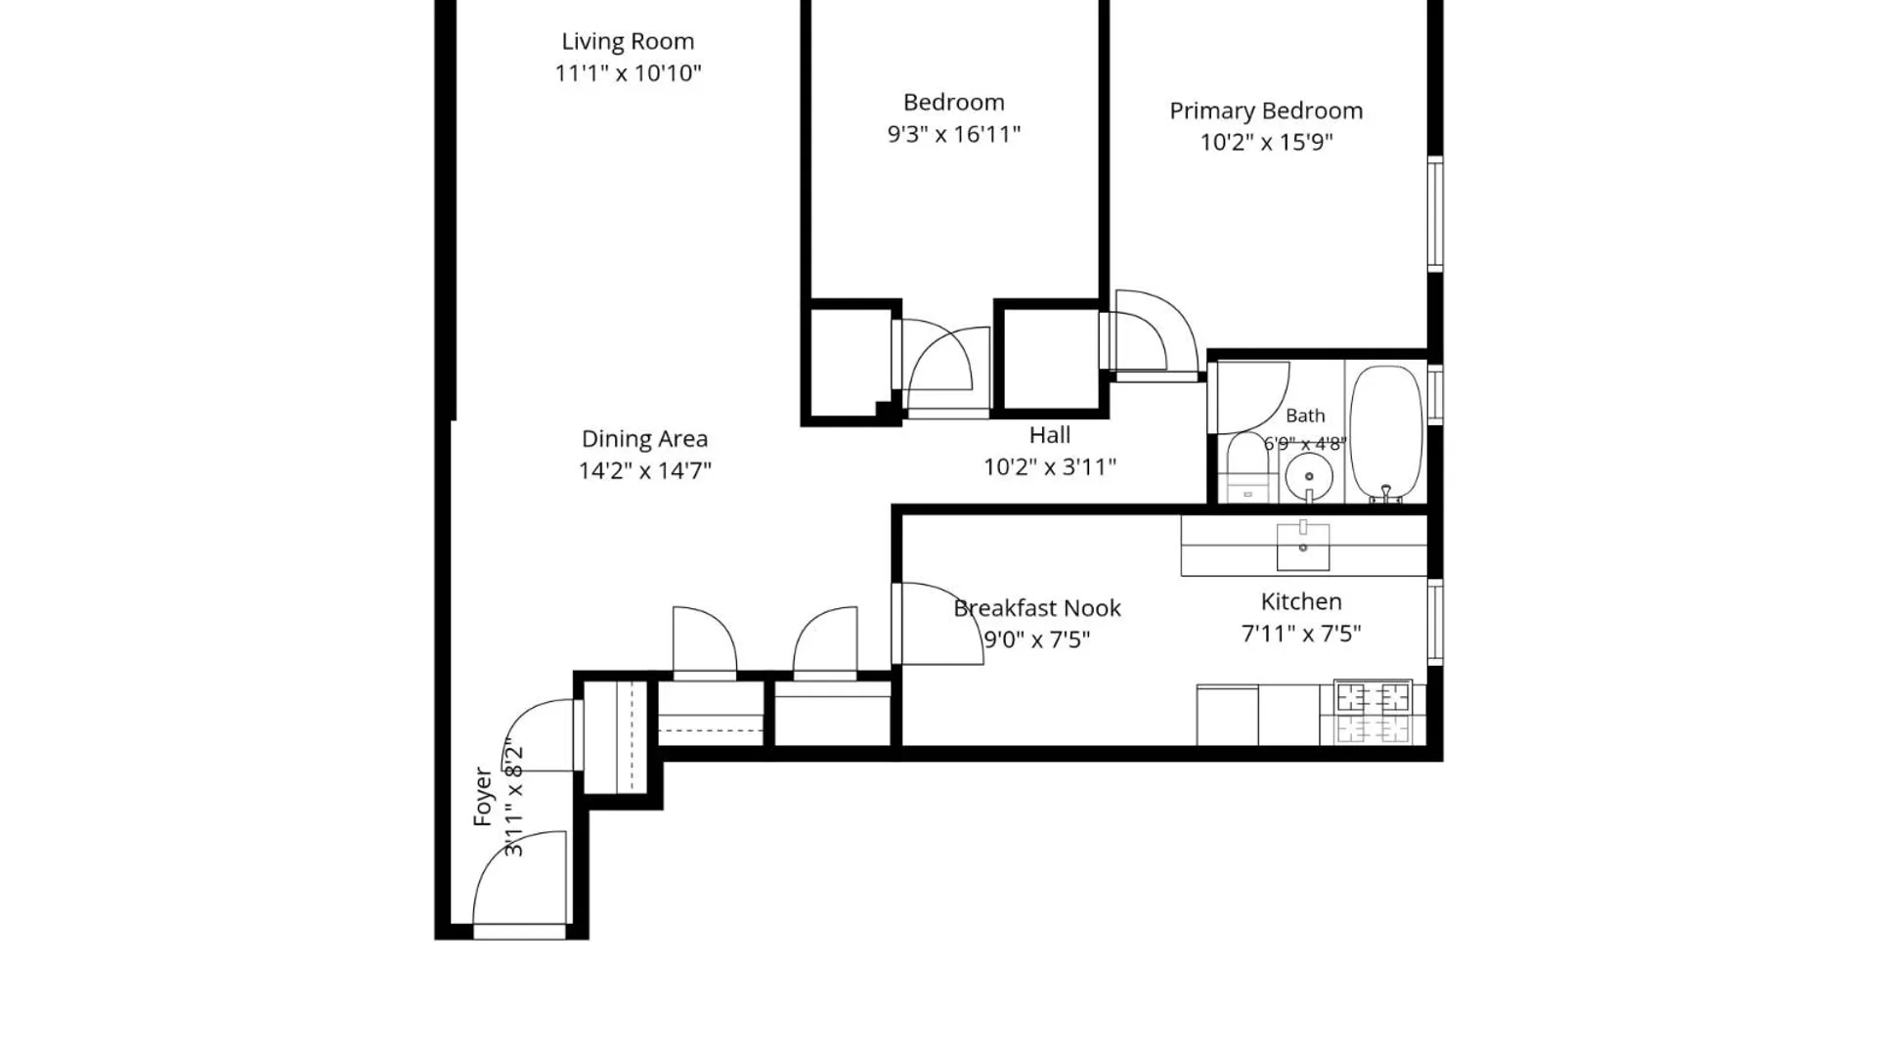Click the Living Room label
coord(628,42)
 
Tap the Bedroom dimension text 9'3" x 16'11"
coord(954,134)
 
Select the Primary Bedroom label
coord(1266,110)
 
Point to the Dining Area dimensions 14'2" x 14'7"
coord(645,470)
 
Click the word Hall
coord(1050,435)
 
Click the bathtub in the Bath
coord(1385,433)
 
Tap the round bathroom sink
coord(1309,477)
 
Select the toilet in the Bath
coord(1247,467)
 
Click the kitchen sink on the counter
coord(1303,546)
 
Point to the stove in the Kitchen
coord(1374,712)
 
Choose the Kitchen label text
coord(1301,601)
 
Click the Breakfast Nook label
coord(1037,608)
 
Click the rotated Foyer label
coord(483,796)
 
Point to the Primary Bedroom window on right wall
coord(1435,214)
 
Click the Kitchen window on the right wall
coord(1435,622)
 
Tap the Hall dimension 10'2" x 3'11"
coord(1050,467)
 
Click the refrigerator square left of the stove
coord(1228,716)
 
